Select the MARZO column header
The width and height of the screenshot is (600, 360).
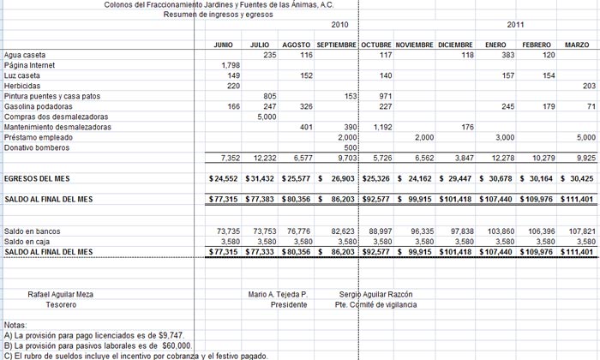pos(577,45)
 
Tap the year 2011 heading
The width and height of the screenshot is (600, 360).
pos(516,25)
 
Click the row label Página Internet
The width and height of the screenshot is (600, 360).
pos(30,65)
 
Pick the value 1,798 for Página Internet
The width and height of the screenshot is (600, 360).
pos(231,65)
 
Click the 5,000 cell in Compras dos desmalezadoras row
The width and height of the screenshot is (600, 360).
pos(266,117)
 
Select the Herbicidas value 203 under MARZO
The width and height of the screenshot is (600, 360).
pos(588,86)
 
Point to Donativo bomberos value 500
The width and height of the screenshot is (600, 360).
pos(349,147)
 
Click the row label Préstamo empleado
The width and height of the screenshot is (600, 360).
pos(39,137)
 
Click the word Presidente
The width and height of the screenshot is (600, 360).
pos(289,304)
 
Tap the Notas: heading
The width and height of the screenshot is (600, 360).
pos(16,326)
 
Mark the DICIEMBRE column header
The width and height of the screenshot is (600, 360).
pos(455,45)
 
